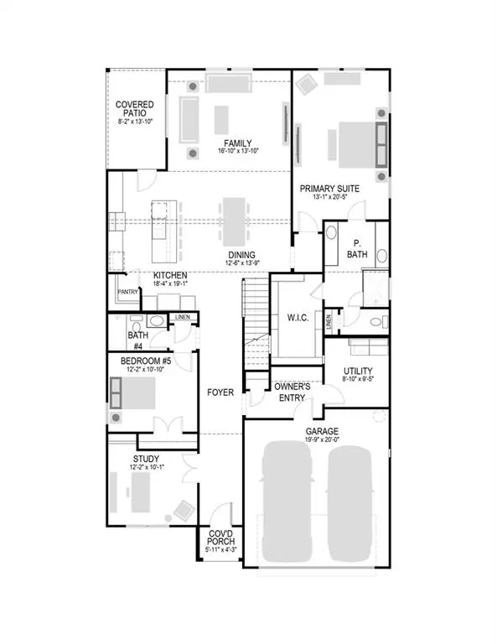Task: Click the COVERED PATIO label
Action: pos(134,110)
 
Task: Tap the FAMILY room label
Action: pos(238,143)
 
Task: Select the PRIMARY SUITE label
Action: pos(329,189)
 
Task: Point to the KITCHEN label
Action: pos(169,275)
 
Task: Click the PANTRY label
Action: pos(127,292)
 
